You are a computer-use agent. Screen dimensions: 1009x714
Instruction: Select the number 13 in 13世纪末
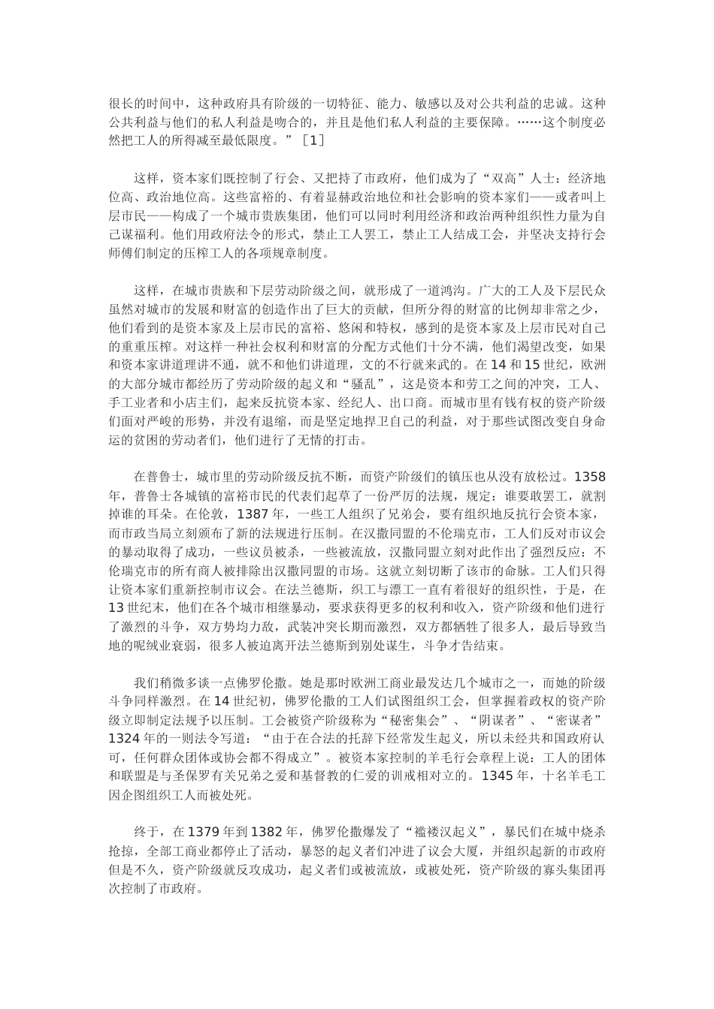click(x=117, y=608)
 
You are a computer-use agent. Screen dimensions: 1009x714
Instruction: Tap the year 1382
click(x=267, y=833)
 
